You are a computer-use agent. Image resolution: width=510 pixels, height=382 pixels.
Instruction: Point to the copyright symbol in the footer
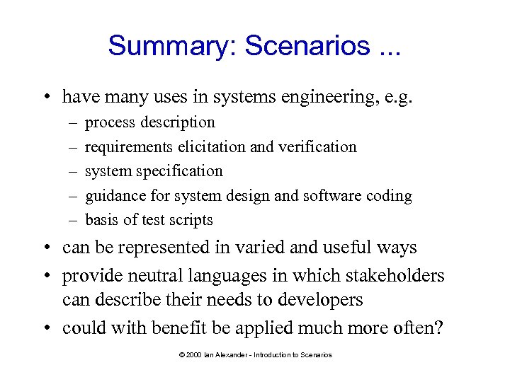[x=183, y=355]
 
